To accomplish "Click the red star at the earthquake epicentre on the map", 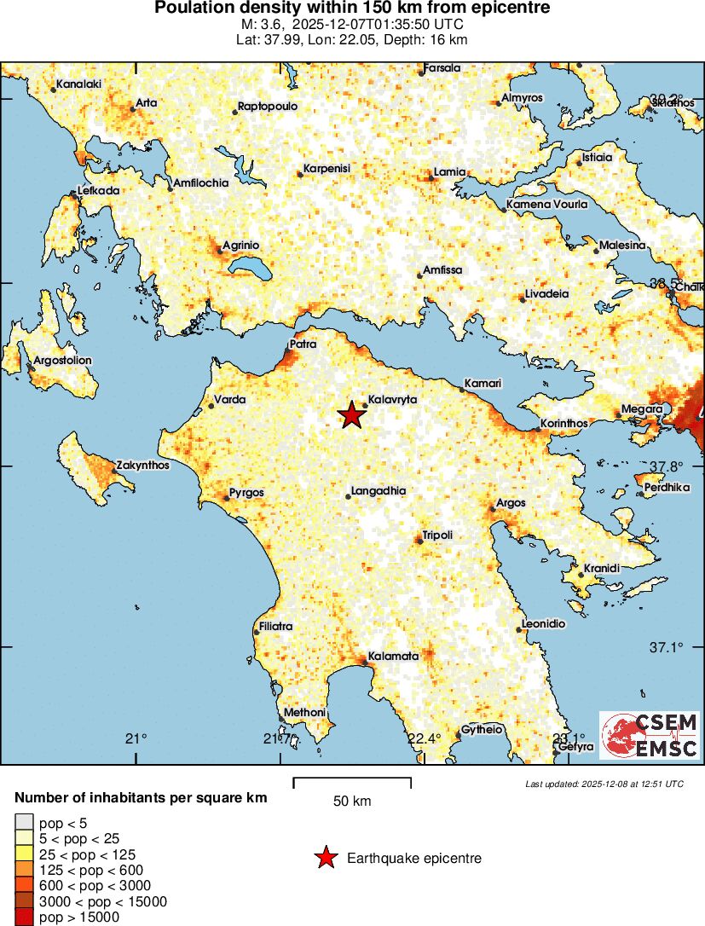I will (351, 415).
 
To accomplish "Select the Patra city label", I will (303, 344).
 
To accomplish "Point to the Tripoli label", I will (438, 535).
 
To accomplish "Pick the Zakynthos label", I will (143, 466).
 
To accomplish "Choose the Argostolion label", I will (63, 361).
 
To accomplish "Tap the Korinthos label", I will (566, 424).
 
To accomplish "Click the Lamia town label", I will (450, 172).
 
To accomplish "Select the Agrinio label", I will (240, 246).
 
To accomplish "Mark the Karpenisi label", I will (327, 169).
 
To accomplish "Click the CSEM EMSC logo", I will (649, 735).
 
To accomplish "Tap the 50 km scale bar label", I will (351, 802).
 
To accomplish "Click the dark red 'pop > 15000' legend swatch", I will (23, 917).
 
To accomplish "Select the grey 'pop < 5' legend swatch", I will (23, 823).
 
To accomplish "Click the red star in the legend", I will (326, 858).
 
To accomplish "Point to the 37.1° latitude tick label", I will (667, 647).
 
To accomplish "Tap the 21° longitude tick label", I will (136, 738).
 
